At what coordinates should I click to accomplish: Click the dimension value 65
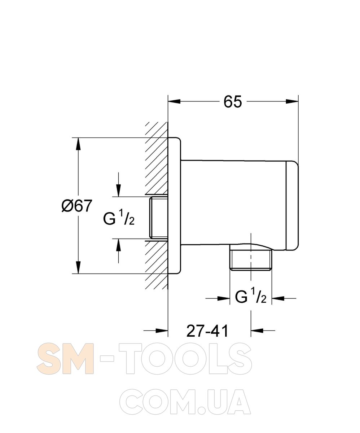point(233,102)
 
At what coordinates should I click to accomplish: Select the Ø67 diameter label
point(76,206)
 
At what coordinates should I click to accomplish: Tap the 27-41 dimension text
point(207,331)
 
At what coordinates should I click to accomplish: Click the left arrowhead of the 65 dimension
point(174,101)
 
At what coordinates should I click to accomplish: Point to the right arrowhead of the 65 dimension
point(292,101)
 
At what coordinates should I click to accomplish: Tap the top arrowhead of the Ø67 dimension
point(78,144)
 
